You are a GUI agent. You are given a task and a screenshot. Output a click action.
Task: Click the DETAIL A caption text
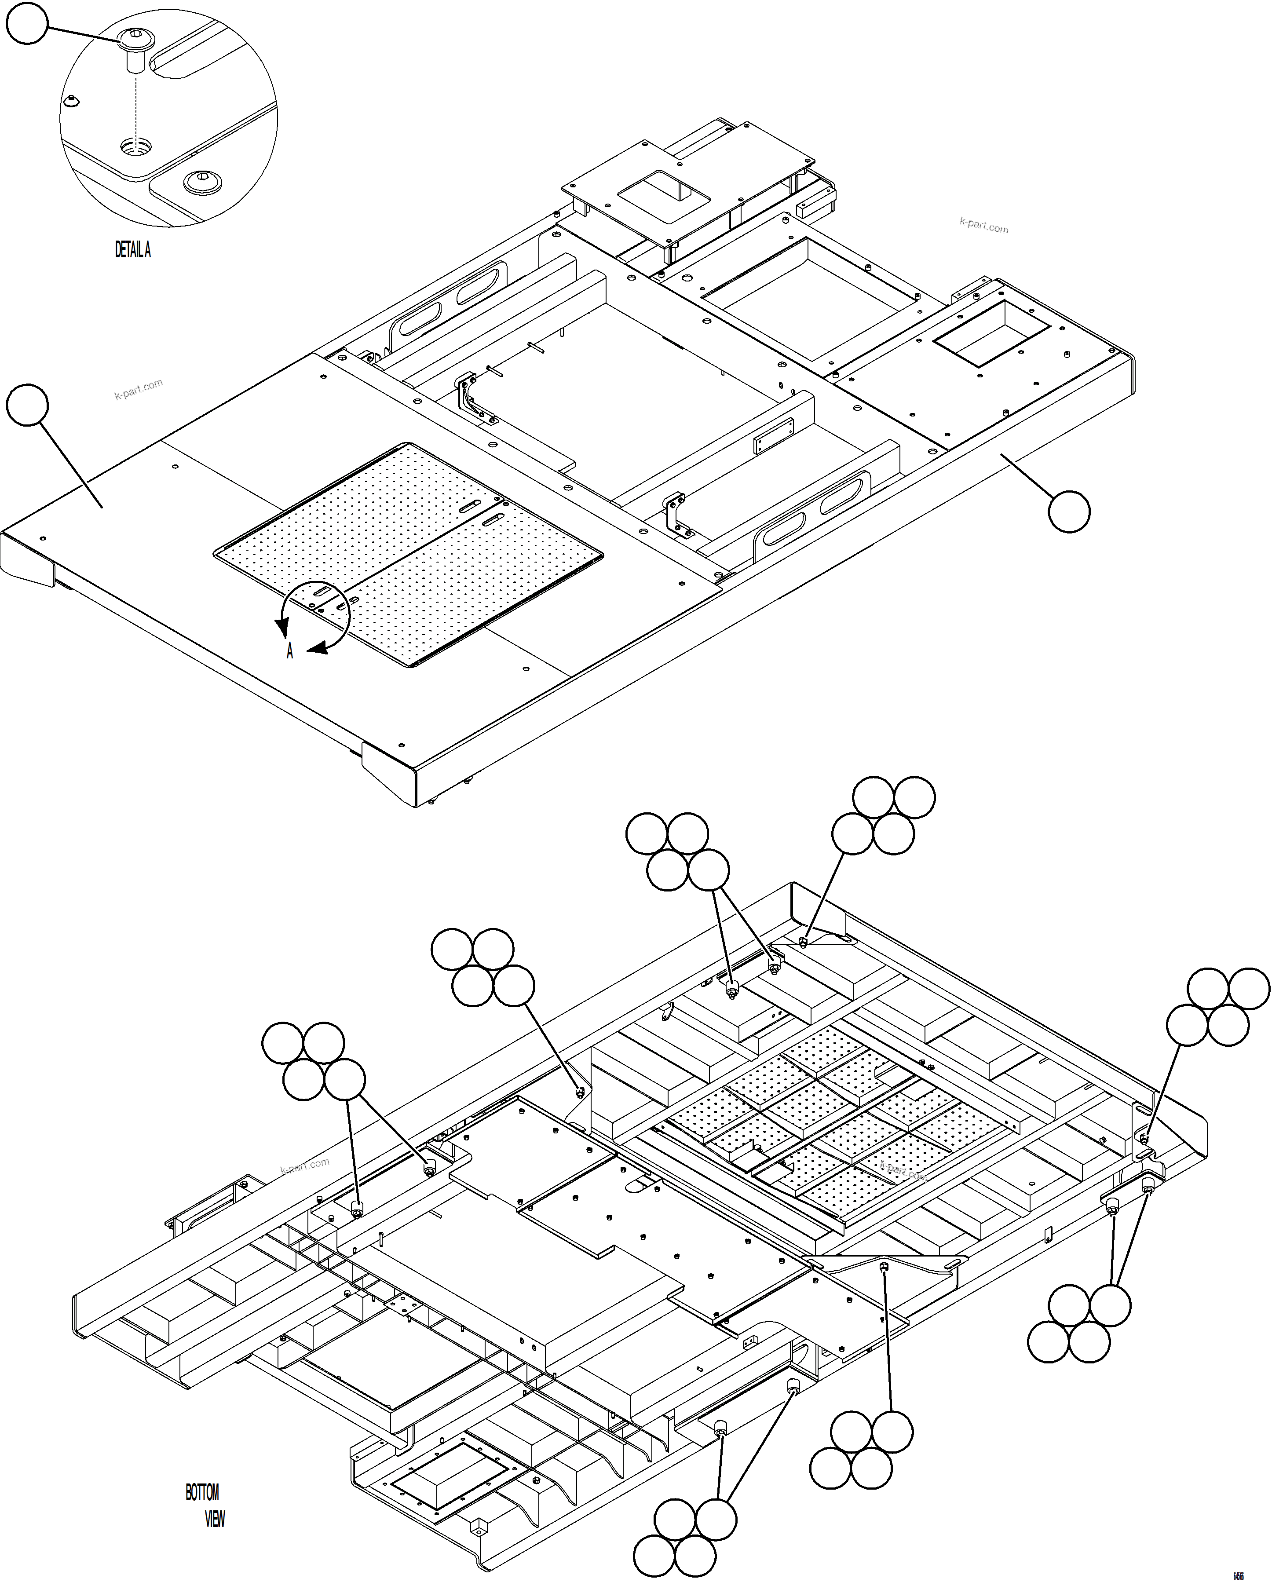click(x=133, y=250)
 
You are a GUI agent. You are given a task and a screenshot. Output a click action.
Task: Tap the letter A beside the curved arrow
click(x=290, y=652)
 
